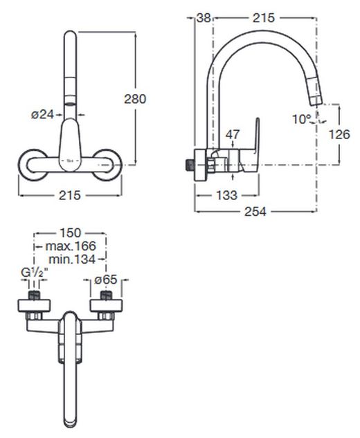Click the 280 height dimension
[135, 99]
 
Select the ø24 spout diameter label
[42, 114]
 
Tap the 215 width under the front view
[70, 195]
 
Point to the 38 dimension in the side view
[204, 18]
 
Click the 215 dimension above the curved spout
[264, 18]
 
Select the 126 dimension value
[339, 134]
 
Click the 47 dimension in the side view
[233, 134]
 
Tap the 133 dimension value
[226, 195]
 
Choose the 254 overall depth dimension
[255, 212]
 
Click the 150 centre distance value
[70, 232]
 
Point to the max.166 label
[71, 246]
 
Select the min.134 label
[72, 259]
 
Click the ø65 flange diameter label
[106, 280]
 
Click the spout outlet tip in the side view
[317, 101]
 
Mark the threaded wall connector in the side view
[190, 165]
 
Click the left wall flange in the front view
[33, 165]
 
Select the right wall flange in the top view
[106, 306]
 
